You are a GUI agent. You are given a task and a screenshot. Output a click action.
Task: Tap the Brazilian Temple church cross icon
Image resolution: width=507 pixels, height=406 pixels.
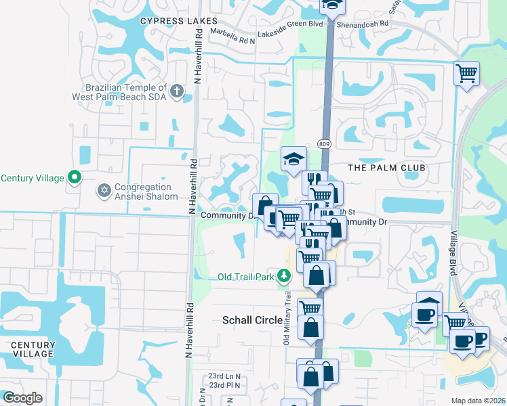pos(176,90)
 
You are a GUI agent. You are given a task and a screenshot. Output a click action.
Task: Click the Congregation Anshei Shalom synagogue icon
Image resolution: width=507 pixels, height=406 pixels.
pos(104,189)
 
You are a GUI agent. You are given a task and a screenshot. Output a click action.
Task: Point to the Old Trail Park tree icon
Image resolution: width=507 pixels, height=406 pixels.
pos(284,276)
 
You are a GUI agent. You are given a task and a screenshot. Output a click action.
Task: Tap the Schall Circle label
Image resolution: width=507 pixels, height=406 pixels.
pos(253,320)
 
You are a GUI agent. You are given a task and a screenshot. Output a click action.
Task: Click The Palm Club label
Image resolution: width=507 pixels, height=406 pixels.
pos(386,167)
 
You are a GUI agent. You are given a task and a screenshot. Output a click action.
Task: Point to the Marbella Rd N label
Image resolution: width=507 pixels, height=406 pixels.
pos(232,40)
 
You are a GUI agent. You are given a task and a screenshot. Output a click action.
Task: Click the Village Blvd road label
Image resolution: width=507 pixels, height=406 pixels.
pos(453,250)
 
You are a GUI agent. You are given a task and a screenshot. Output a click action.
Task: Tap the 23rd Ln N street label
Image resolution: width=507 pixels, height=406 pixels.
pos(225,376)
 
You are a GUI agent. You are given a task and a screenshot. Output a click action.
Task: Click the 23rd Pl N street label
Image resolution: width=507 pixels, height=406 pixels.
pos(225,385)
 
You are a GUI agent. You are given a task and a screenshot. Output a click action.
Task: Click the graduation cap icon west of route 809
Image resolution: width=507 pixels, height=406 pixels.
pos(294,158)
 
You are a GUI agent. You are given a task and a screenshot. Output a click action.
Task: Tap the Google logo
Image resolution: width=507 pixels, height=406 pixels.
pos(22,398)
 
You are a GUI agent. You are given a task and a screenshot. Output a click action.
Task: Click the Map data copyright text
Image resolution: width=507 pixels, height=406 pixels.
pos(477,401)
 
